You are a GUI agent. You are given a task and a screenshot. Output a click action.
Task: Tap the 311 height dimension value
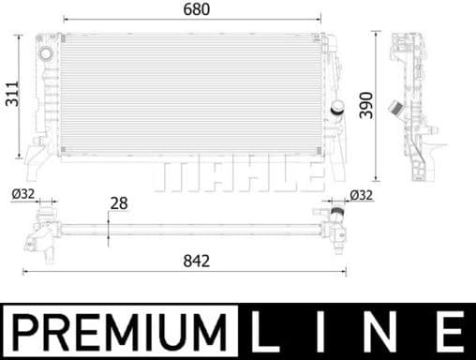tap(10, 89)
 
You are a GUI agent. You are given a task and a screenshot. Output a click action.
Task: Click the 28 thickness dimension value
tap(119, 202)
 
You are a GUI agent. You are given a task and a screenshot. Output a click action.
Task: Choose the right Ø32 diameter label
tap(361, 195)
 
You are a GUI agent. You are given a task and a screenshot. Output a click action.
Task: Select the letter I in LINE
tap(324, 332)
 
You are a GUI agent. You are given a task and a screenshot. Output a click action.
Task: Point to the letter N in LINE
tap(384, 332)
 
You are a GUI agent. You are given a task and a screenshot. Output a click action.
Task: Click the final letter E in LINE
tap(448, 332)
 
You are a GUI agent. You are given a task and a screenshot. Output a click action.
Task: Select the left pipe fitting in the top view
tap(41, 230)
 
